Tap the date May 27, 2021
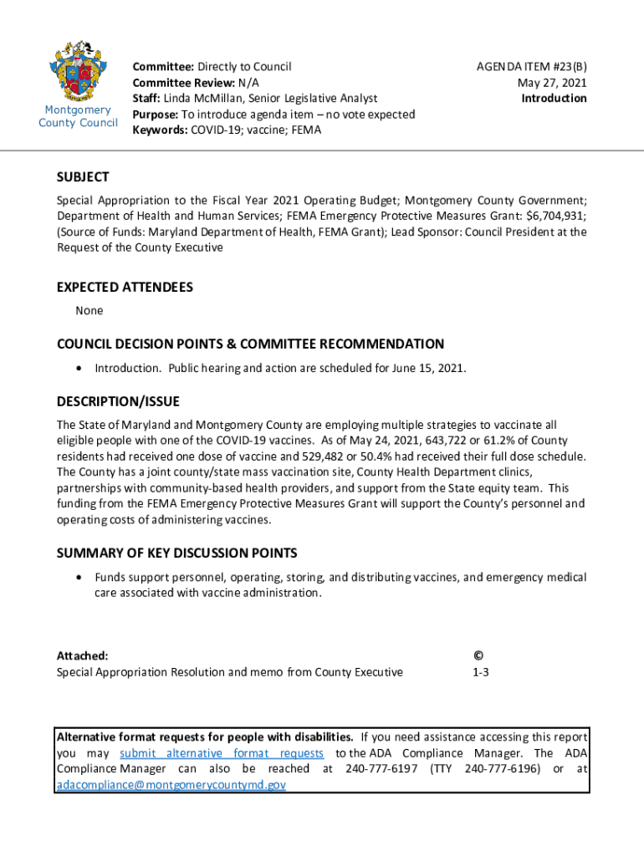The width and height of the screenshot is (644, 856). point(552,82)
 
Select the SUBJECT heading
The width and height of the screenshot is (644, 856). point(83,177)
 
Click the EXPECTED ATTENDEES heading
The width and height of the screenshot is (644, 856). point(125,288)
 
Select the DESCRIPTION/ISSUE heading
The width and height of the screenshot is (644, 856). point(118,402)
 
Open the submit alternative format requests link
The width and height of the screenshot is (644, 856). point(222,753)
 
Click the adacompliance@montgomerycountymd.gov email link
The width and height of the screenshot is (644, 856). point(171,785)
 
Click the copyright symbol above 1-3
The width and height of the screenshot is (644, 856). point(478,656)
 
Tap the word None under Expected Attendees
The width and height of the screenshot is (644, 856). point(89,311)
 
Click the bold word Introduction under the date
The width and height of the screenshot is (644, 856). point(554,99)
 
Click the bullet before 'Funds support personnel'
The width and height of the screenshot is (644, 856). point(79,578)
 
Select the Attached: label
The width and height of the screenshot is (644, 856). point(82,656)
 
